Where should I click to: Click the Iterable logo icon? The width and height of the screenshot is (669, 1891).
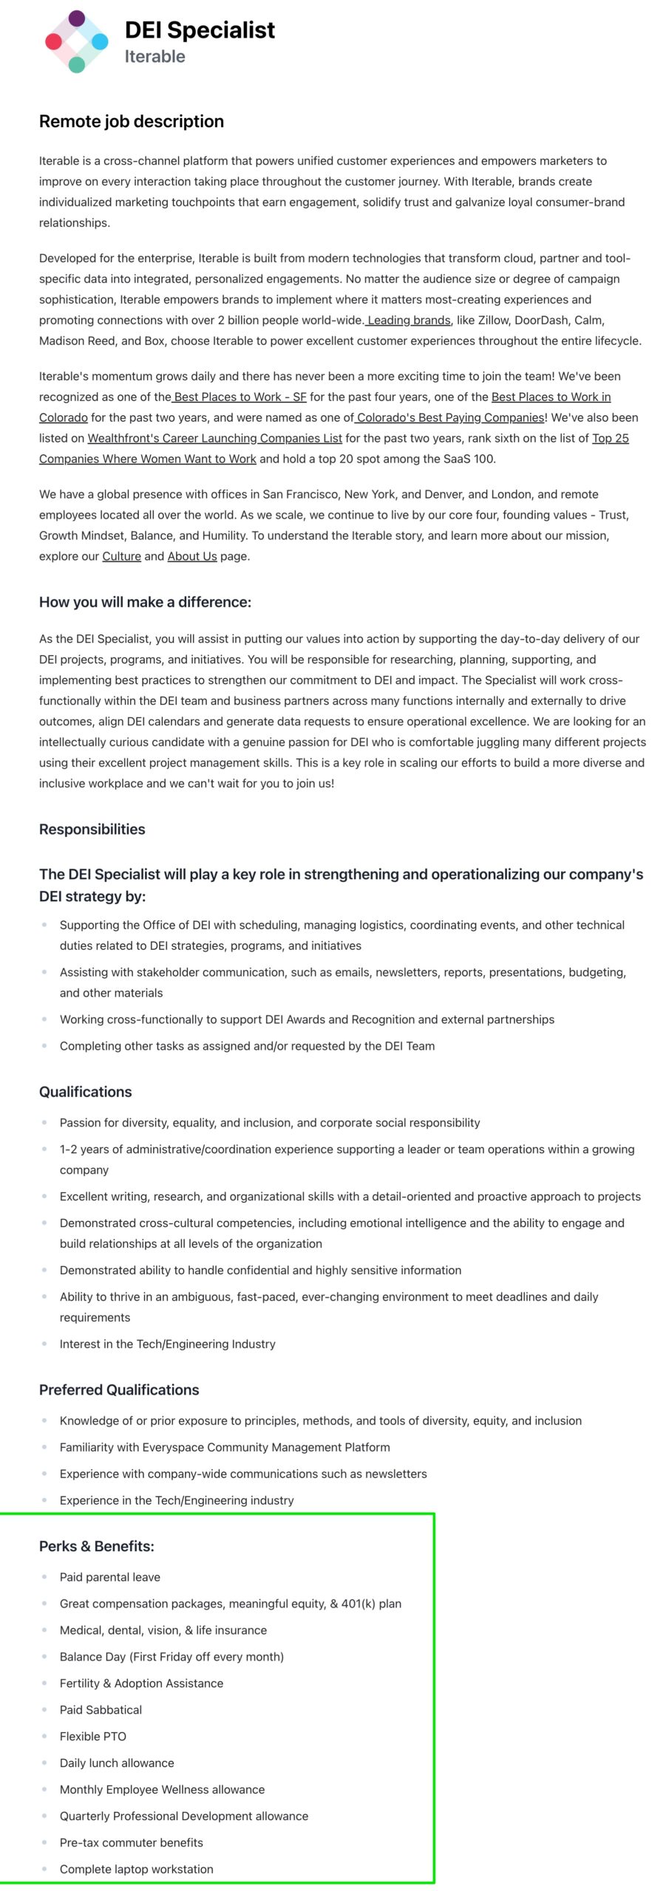coord(76,42)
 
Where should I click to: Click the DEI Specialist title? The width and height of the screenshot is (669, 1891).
coord(200,30)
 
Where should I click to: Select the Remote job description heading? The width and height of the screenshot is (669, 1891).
coord(132,121)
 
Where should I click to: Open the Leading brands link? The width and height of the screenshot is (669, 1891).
coord(409,320)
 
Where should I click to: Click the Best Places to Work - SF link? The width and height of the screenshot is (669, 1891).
coord(240,397)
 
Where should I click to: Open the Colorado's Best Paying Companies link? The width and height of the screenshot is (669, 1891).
coord(450,417)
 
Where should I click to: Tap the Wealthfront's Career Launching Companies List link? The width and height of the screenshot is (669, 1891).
coord(214,438)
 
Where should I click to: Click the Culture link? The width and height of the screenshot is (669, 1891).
coord(121,556)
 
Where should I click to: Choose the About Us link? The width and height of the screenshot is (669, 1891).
coord(192,556)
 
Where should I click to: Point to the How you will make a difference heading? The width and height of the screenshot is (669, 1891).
coord(145,602)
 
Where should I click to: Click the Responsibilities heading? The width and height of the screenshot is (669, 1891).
coord(92,829)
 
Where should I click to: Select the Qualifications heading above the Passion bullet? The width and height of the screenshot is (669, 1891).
coord(85,1092)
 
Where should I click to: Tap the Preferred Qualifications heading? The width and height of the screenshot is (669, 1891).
coord(119,1389)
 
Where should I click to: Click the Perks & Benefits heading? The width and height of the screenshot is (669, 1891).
coord(96,1546)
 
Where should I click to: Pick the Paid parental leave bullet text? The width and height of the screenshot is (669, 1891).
coord(110,1577)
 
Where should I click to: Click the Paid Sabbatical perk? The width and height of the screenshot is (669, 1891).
coord(101,1709)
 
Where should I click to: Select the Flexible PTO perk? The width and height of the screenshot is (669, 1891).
coord(93,1736)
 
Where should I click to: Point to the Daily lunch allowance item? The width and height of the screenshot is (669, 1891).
coord(117,1762)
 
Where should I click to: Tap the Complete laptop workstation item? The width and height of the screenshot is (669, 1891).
coord(137,1869)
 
